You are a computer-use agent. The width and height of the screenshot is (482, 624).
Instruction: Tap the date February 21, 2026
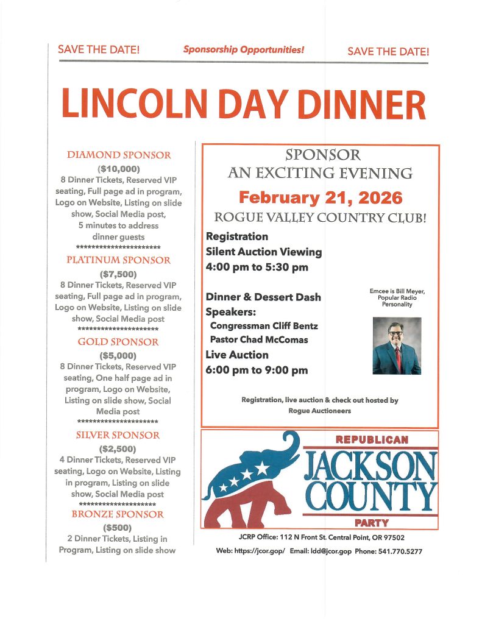click(321, 198)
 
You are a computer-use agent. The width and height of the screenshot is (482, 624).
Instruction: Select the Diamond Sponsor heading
click(119, 155)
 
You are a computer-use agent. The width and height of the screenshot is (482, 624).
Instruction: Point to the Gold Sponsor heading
click(118, 342)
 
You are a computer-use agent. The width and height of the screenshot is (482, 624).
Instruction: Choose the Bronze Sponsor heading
click(118, 514)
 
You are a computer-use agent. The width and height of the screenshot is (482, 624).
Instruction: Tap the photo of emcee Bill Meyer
click(397, 346)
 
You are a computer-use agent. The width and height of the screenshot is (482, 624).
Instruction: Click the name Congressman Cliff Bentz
click(264, 326)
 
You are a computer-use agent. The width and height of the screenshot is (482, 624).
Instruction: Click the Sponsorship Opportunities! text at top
click(244, 49)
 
